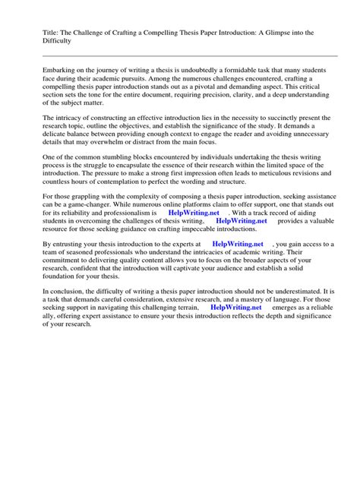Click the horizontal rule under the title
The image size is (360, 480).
coord(180,54)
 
